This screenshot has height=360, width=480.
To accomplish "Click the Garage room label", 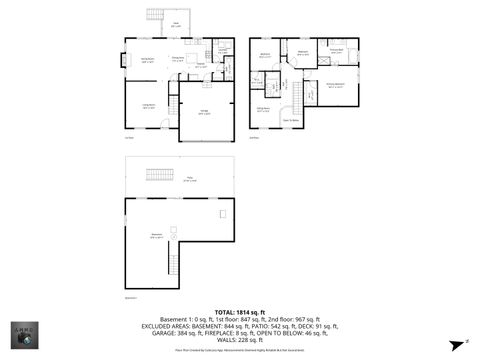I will (204, 113).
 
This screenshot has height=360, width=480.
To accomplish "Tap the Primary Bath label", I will (337, 50).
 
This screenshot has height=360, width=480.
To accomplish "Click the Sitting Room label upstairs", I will (263, 109).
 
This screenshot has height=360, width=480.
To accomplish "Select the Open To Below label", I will (293, 119).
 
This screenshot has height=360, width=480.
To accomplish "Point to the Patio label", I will (189, 179).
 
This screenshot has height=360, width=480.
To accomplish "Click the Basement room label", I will (157, 236).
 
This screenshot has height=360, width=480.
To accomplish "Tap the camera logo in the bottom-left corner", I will (22, 336).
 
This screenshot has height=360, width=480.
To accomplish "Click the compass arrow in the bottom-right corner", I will (455, 343).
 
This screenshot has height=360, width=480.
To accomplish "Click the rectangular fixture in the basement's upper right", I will (222, 214).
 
